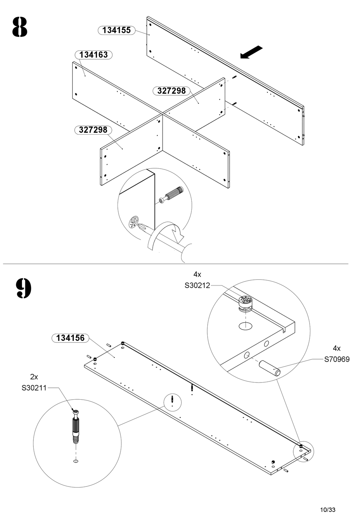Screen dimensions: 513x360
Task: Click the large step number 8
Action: (x=20, y=27)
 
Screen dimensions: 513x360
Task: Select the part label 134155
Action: (x=117, y=30)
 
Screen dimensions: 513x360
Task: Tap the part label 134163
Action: (x=94, y=55)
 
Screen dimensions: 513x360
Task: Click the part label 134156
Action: (x=70, y=338)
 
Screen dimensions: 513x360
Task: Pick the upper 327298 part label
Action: (x=172, y=91)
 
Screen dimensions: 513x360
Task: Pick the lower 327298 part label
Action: (x=93, y=130)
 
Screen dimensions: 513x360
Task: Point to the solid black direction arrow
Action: (x=251, y=52)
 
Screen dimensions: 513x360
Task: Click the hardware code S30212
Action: (x=197, y=286)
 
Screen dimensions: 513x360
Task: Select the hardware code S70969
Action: (x=337, y=359)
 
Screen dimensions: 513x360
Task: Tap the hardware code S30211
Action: (x=34, y=388)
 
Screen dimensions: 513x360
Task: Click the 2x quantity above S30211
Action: (x=34, y=377)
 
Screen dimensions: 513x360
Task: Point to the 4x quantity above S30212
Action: (x=197, y=274)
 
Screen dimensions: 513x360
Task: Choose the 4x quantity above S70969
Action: (x=337, y=348)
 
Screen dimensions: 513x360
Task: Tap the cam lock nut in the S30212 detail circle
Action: (x=246, y=303)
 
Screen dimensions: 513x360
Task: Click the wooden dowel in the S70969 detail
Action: (x=269, y=368)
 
